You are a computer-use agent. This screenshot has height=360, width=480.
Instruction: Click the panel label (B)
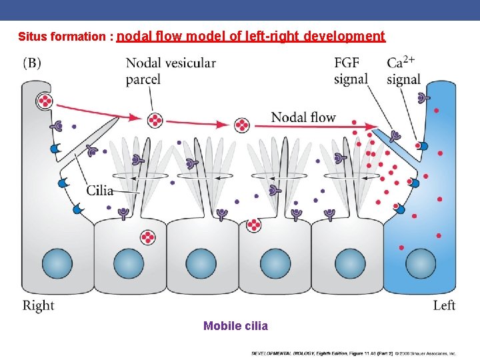point(32,63)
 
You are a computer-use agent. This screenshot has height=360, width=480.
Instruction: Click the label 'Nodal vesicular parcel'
point(171,71)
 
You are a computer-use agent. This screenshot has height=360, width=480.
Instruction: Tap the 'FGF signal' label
point(351,71)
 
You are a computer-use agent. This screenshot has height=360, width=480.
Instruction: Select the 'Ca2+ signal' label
point(403,71)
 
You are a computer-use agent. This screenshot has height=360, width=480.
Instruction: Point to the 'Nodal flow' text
point(303,117)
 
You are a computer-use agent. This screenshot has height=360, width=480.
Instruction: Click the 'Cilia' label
point(99,190)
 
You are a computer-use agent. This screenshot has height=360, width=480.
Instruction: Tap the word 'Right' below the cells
point(39,306)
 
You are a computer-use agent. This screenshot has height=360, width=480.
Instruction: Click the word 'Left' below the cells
point(444,306)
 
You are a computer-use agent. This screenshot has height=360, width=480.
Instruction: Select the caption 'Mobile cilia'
point(235,326)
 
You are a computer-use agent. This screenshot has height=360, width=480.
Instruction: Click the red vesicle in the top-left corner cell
point(45,101)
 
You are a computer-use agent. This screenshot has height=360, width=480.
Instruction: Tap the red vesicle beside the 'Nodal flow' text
point(242,125)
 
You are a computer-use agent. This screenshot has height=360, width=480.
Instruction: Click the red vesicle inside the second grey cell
point(147,237)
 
